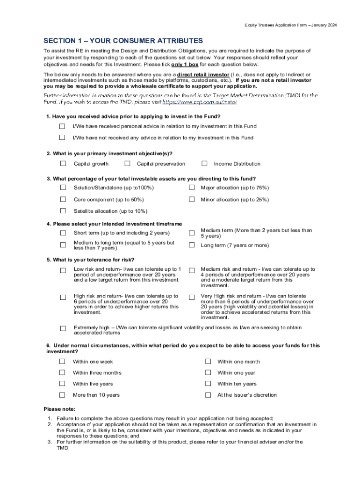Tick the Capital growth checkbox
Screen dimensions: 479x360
click(63, 163)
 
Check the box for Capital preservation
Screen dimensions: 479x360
click(127, 163)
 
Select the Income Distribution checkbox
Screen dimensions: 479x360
click(204, 163)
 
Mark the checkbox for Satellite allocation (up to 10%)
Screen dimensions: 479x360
click(63, 211)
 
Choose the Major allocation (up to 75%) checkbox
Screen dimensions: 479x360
click(192, 187)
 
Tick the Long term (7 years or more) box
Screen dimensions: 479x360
click(192, 245)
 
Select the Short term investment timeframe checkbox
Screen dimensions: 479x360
click(63, 233)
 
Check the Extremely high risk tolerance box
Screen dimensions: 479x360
click(63, 329)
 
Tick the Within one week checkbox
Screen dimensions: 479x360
click(62, 361)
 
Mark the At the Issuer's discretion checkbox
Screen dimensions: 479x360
click(209, 395)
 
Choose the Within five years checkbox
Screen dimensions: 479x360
click(62, 384)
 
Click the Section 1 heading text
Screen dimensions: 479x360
click(123, 41)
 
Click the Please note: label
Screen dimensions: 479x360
click(59, 409)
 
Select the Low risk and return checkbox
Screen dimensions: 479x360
click(63, 270)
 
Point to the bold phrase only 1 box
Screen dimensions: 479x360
click(185, 65)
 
